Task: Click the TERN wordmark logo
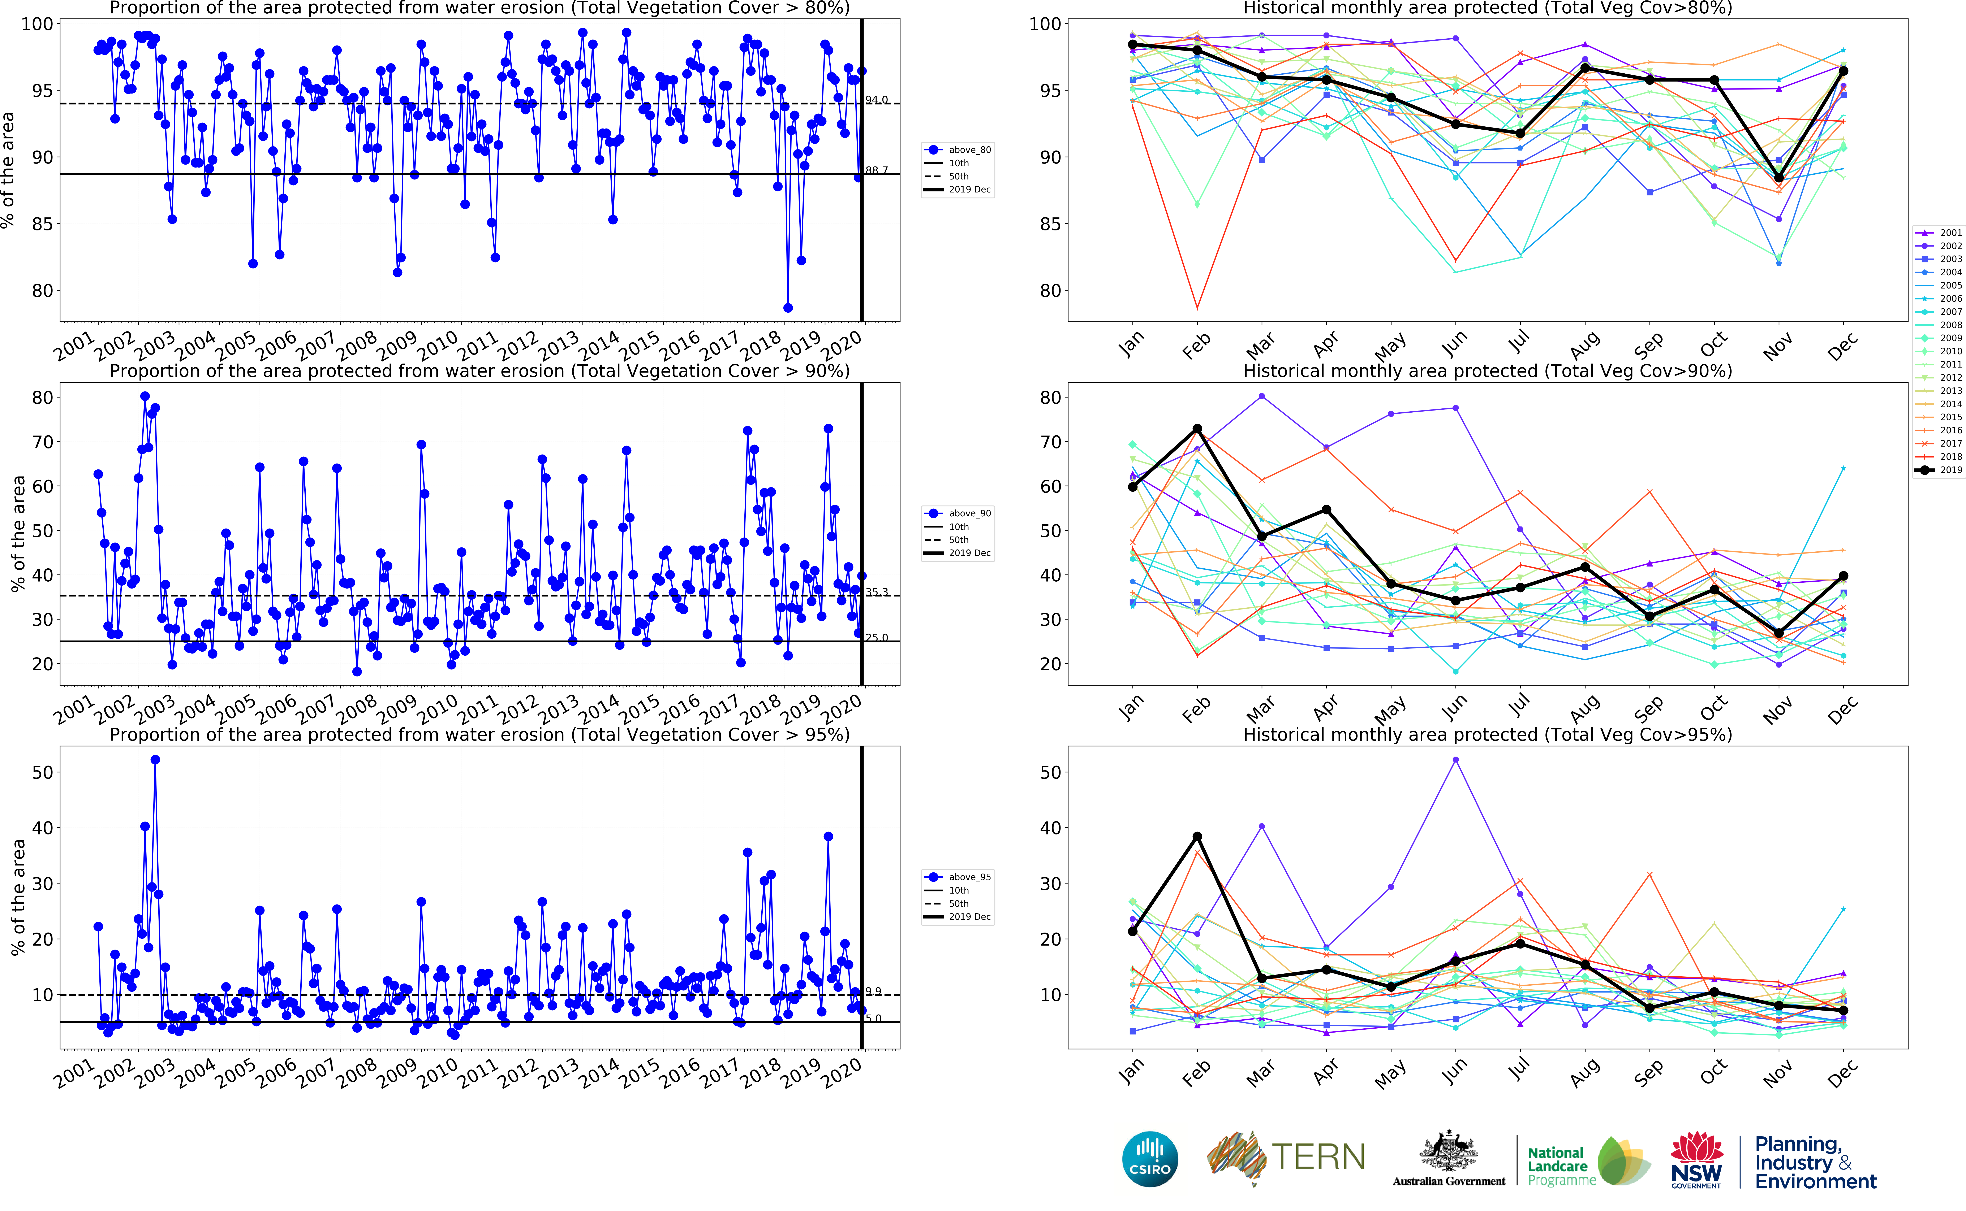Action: (1318, 1157)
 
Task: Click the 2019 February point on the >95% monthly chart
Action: (1197, 837)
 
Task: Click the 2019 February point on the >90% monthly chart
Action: (1197, 429)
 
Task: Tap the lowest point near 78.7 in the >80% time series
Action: (788, 308)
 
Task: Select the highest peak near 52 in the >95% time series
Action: (155, 760)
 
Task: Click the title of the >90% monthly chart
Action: (1487, 371)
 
